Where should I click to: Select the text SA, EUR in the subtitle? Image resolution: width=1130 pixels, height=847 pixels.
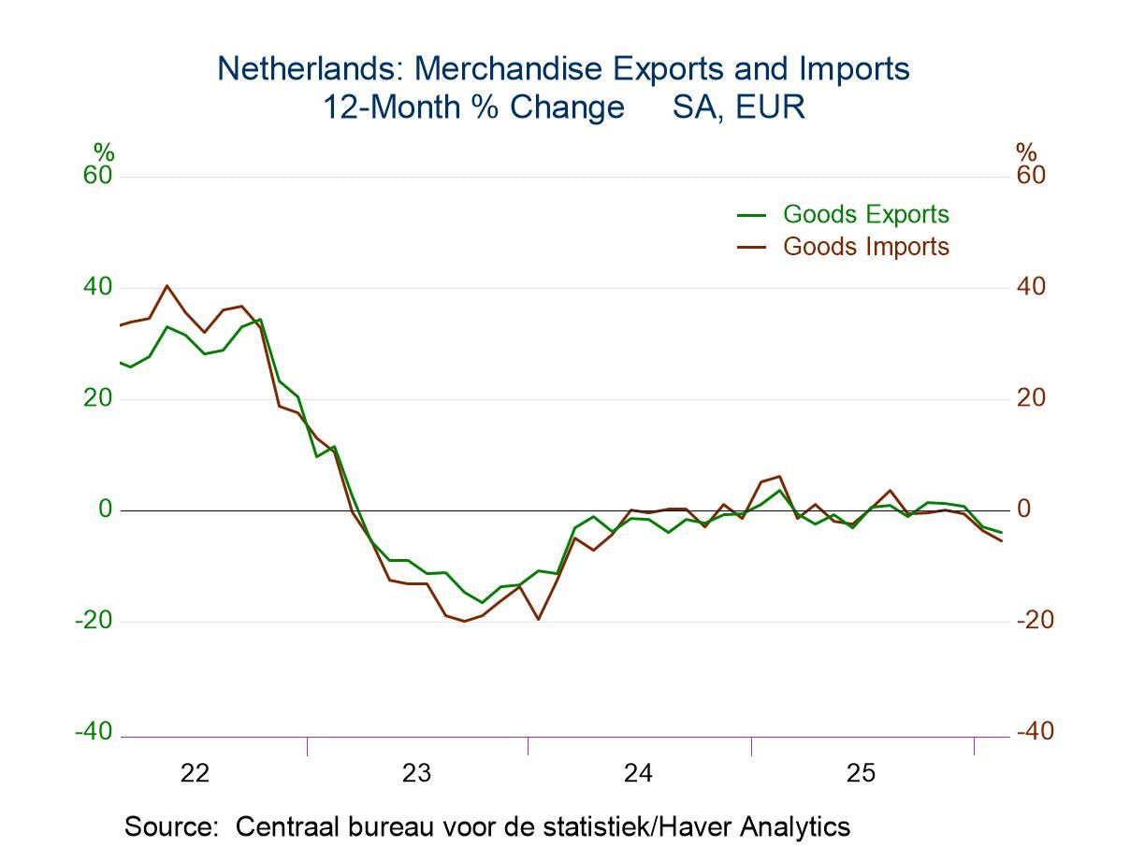click(x=738, y=107)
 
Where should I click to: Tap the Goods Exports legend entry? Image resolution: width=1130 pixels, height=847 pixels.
click(x=865, y=214)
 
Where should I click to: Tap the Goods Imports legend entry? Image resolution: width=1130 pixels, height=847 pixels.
click(x=865, y=247)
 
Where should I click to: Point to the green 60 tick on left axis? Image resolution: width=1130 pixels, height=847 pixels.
click(x=97, y=176)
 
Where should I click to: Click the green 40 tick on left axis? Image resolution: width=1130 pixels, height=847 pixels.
click(x=97, y=287)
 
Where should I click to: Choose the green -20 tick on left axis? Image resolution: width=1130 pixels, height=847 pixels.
click(x=93, y=620)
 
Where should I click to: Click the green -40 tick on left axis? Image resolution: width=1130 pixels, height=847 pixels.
click(x=93, y=731)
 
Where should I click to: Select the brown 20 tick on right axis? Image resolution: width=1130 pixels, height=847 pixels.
click(x=1030, y=398)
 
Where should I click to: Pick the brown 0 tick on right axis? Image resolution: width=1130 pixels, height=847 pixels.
click(x=1023, y=510)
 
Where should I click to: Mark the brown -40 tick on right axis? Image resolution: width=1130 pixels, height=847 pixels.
click(x=1034, y=731)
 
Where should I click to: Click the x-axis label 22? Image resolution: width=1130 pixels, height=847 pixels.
click(x=195, y=773)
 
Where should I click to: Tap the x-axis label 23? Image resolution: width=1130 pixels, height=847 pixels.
click(x=416, y=773)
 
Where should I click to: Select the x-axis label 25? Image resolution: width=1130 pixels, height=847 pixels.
click(x=861, y=773)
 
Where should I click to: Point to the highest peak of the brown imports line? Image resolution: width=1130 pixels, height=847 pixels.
click(x=167, y=286)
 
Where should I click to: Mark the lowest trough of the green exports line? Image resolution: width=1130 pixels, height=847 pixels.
click(x=482, y=603)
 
